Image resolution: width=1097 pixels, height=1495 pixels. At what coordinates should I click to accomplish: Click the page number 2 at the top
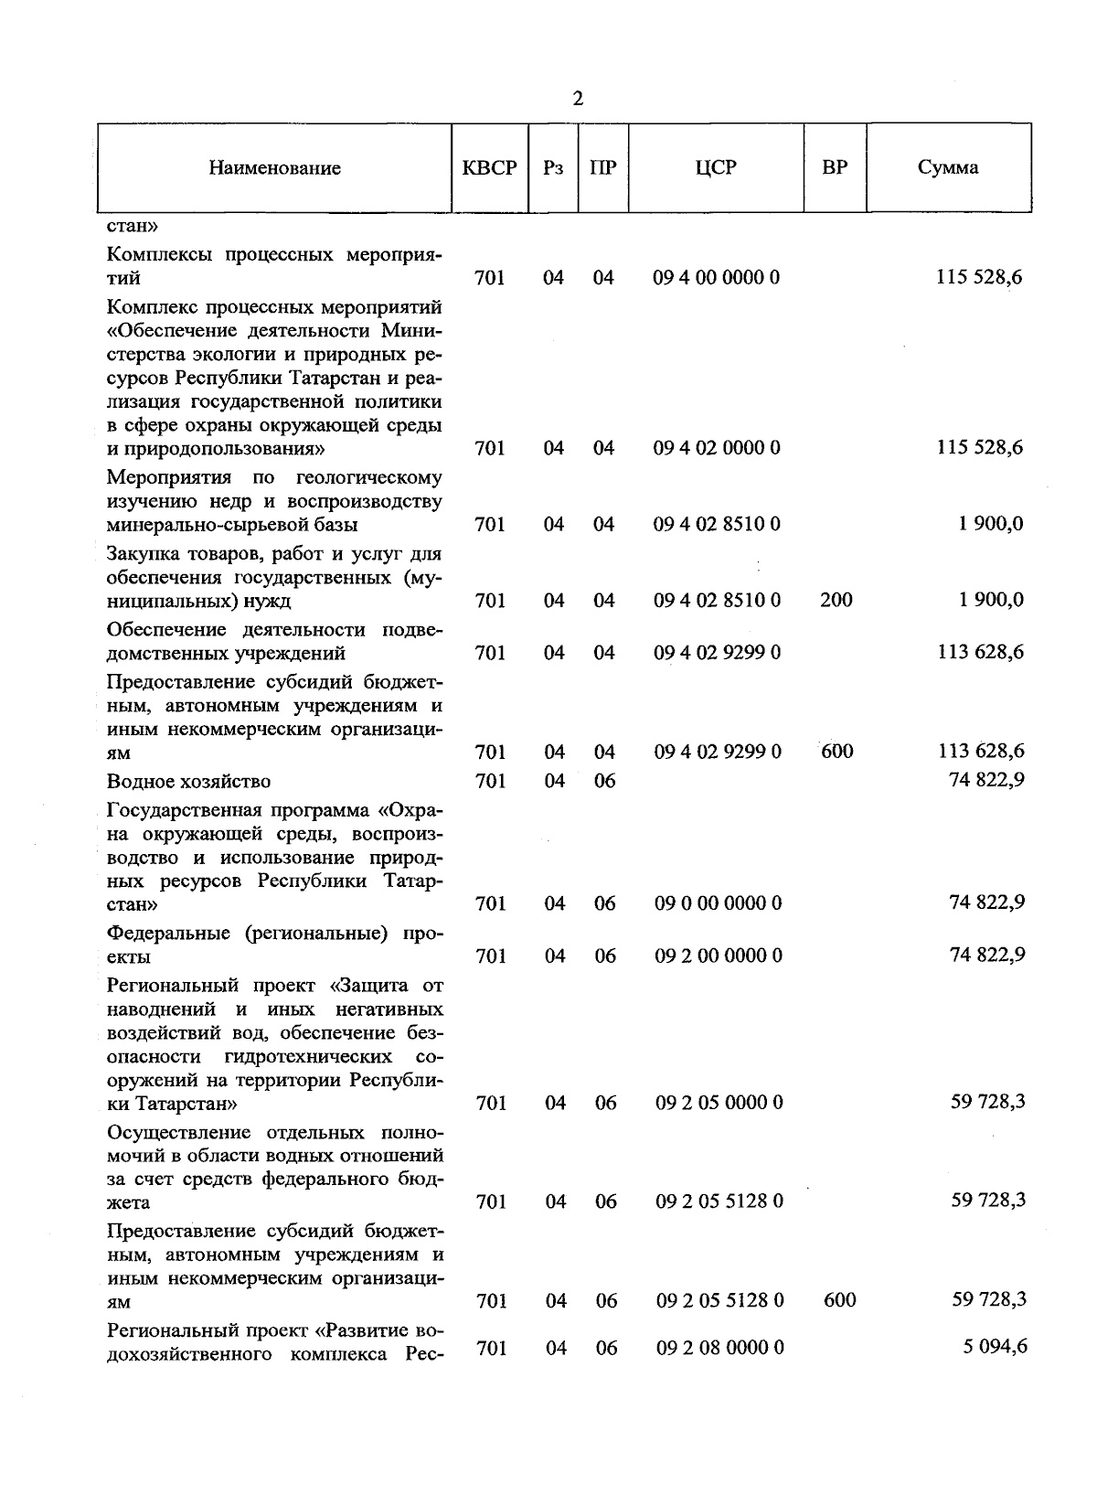[x=577, y=99]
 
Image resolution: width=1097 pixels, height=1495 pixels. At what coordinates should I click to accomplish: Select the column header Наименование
[x=274, y=168]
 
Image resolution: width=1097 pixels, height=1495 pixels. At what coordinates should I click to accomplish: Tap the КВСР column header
[x=490, y=168]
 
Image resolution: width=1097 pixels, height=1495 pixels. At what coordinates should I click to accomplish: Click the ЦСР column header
[x=716, y=167]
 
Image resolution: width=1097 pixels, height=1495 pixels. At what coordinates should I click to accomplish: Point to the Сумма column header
[x=948, y=167]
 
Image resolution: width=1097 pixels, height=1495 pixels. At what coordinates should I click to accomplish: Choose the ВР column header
[x=835, y=167]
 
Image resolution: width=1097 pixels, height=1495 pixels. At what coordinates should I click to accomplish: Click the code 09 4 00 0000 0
[x=717, y=278]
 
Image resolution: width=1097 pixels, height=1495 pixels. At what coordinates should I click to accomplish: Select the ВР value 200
[x=836, y=601]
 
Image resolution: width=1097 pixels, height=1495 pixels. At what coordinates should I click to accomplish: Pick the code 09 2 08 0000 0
[x=719, y=1348]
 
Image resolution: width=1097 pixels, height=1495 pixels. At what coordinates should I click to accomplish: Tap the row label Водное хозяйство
[x=189, y=782]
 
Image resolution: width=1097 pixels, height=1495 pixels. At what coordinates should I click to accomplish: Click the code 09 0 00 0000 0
[x=719, y=903]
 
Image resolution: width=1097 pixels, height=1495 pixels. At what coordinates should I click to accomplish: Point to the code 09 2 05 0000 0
[x=719, y=1103]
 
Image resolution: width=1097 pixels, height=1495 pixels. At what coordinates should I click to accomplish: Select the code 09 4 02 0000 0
[x=717, y=448]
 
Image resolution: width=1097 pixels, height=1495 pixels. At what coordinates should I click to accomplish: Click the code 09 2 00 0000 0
[x=719, y=956]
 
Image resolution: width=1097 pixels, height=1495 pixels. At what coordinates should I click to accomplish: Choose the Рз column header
[x=553, y=168]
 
